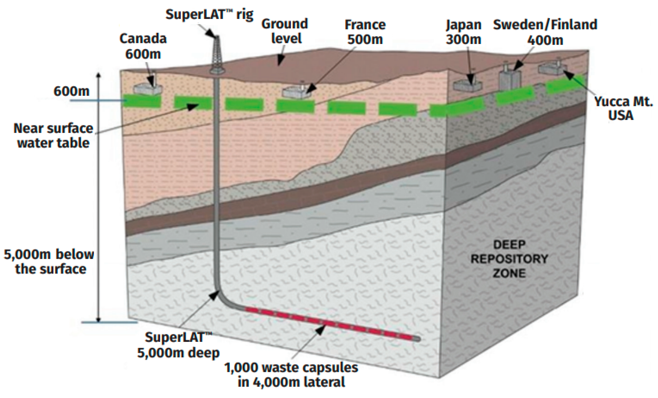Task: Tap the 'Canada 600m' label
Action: tap(143, 46)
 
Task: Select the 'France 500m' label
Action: tap(365, 32)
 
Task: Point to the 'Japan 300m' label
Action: tap(464, 32)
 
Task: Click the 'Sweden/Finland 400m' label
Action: tap(545, 32)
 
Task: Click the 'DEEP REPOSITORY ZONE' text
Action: tap(509, 259)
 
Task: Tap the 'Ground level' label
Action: tap(285, 31)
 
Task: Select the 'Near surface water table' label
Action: tap(53, 136)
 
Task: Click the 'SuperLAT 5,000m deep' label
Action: tap(178, 345)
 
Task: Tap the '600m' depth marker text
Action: tap(71, 91)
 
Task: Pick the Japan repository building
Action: tap(467, 85)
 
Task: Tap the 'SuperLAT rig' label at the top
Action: tap(209, 14)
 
